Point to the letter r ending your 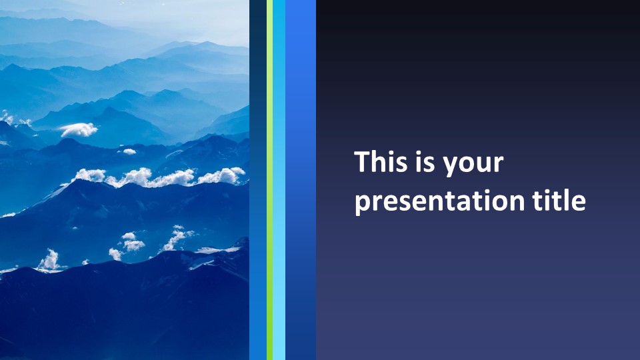(499, 164)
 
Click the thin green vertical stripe (269, 180)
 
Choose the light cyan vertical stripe (279, 180)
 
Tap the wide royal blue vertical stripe (301, 180)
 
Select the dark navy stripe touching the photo (258, 180)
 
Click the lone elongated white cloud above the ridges (79, 130)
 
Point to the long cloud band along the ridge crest (159, 177)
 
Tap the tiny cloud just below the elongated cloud (129, 151)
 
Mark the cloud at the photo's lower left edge (50, 261)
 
